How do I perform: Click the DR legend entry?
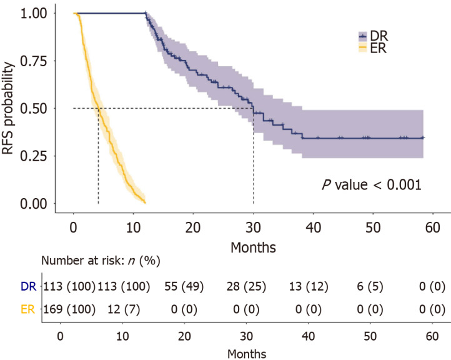click(374, 36)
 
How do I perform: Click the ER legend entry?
click(373, 48)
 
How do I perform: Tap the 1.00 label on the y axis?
click(33, 13)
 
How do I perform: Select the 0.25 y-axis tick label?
click(33, 156)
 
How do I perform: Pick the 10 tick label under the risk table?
click(122, 336)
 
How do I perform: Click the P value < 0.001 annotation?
click(372, 185)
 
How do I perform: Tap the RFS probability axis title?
click(8, 108)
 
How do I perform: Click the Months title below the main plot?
click(254, 247)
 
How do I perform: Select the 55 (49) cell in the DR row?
click(184, 287)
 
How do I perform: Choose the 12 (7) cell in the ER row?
click(124, 309)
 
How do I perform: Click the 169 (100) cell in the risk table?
click(69, 309)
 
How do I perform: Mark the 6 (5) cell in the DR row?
click(370, 287)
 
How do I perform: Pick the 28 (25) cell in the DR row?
click(246, 287)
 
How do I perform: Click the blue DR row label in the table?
click(29, 287)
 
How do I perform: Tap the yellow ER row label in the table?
click(28, 309)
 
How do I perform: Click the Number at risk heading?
click(101, 261)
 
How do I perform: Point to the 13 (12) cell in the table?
click(309, 287)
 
